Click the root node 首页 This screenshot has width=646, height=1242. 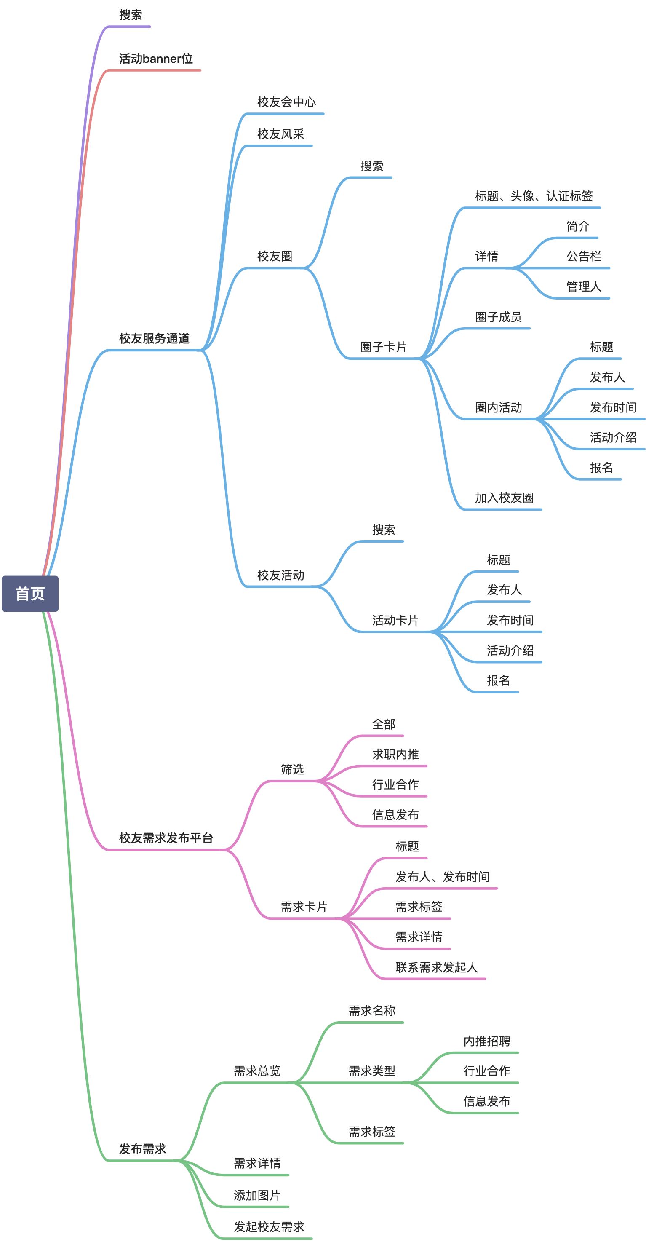[x=30, y=594]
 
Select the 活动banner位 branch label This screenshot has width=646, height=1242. [x=156, y=59]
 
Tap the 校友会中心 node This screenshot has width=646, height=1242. [x=286, y=102]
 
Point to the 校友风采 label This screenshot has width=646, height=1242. [x=280, y=134]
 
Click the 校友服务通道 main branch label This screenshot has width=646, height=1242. [x=154, y=338]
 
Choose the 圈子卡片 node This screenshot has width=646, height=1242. [x=383, y=347]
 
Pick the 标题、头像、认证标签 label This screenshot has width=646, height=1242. [x=534, y=196]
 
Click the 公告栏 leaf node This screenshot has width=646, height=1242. [x=584, y=256]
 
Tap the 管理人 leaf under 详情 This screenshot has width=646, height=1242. [x=584, y=286]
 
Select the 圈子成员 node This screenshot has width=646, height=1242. [x=498, y=317]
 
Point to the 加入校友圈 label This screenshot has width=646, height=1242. [x=504, y=498]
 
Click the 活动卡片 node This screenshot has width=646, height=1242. [x=395, y=620]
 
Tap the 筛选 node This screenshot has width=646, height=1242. [x=292, y=769]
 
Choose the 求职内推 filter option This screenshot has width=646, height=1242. [x=395, y=754]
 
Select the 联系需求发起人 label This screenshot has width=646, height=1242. [x=436, y=967]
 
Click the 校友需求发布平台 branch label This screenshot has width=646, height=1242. [x=166, y=838]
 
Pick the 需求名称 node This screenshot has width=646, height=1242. [x=372, y=1011]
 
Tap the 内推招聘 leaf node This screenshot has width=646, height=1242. [x=486, y=1041]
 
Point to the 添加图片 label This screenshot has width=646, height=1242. [x=256, y=1195]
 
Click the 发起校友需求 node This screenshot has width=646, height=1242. [x=269, y=1226]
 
